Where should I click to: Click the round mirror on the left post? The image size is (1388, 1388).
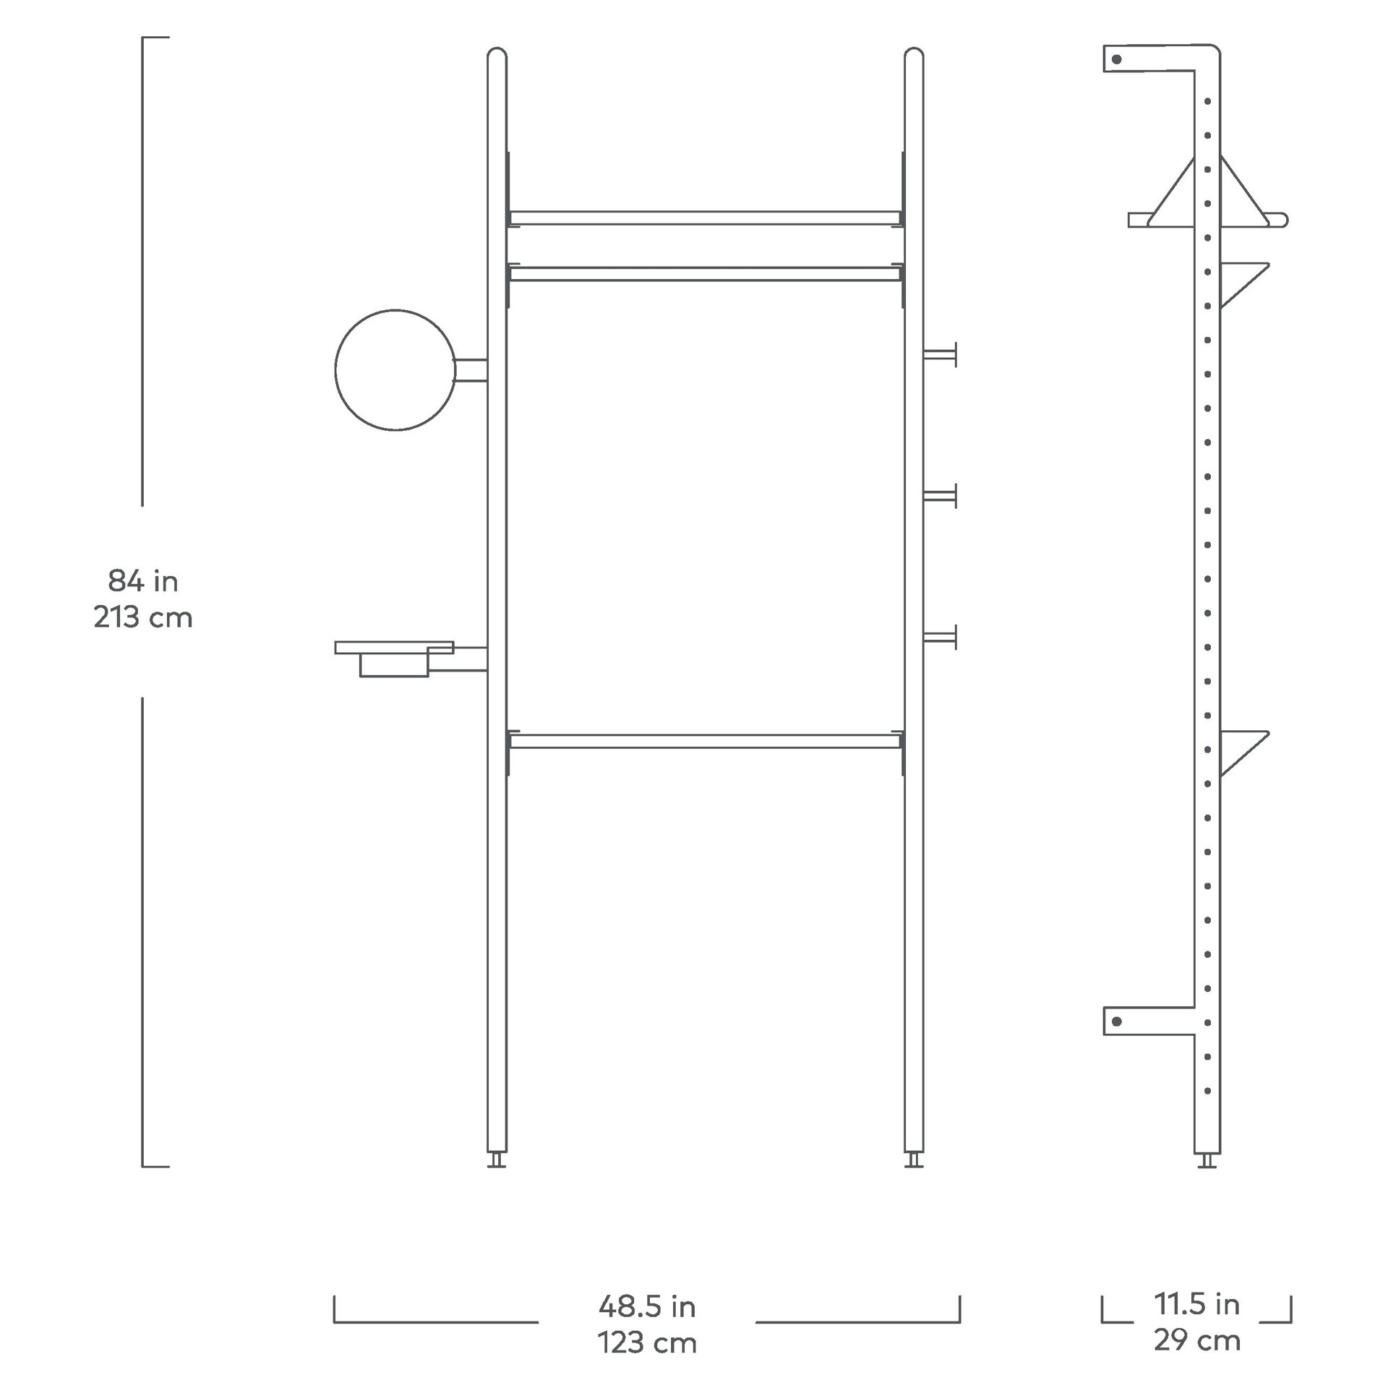tap(395, 370)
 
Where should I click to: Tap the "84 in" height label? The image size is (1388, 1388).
tap(143, 581)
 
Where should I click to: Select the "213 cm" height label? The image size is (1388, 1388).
tap(143, 617)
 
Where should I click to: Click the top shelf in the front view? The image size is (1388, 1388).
tap(705, 218)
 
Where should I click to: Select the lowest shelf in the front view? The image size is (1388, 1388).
tap(705, 741)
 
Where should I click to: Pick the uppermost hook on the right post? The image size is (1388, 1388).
tap(940, 354)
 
